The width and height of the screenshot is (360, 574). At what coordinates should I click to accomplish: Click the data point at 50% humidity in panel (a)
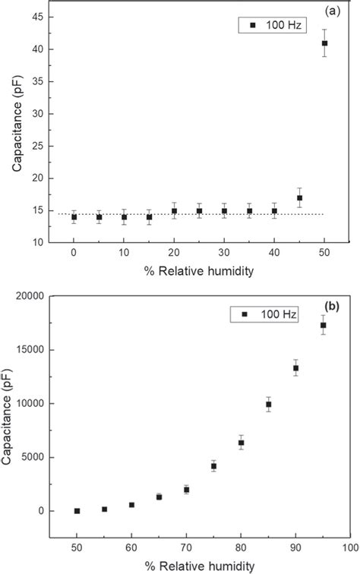pyautogui.click(x=324, y=43)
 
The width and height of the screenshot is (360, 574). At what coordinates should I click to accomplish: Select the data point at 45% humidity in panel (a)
pyautogui.click(x=299, y=198)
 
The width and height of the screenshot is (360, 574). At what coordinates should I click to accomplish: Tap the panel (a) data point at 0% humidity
pyautogui.click(x=74, y=217)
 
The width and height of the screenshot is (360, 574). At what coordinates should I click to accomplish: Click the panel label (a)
pyautogui.click(x=332, y=11)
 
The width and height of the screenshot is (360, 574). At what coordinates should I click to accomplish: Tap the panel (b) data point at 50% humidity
pyautogui.click(x=77, y=511)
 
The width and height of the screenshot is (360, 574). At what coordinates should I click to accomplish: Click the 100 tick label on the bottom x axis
pyautogui.click(x=349, y=547)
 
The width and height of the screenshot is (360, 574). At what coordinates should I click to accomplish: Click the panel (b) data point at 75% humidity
pyautogui.click(x=213, y=466)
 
